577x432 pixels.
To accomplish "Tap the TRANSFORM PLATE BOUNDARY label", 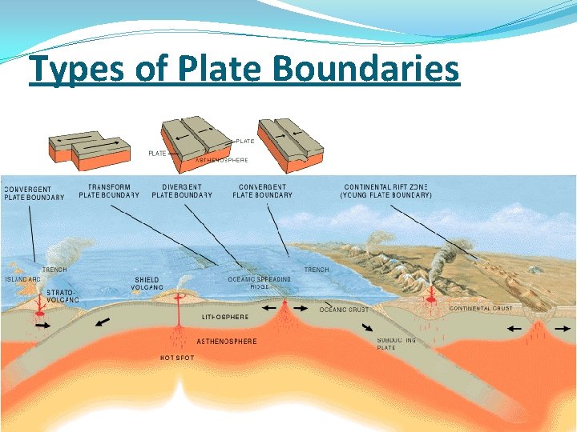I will pos(109,190).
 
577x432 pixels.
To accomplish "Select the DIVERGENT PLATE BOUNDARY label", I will pos(182,190).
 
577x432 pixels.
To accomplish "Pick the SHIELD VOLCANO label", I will pos(149,283).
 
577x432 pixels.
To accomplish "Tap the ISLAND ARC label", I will pos(22,279).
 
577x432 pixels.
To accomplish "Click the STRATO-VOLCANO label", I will pos(62,296).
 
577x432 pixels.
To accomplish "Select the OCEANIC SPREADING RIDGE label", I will pos(259,282).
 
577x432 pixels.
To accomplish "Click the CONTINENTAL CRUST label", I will pos(481,308).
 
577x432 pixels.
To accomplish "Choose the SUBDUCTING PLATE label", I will pos(397,344).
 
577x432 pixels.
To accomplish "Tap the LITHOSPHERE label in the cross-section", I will pos(225,317).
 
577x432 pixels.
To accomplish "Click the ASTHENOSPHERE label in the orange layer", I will pos(227,342).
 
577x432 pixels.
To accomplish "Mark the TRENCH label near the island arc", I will pos(54,270).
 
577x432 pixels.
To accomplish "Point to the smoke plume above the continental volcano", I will pos(442,256).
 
